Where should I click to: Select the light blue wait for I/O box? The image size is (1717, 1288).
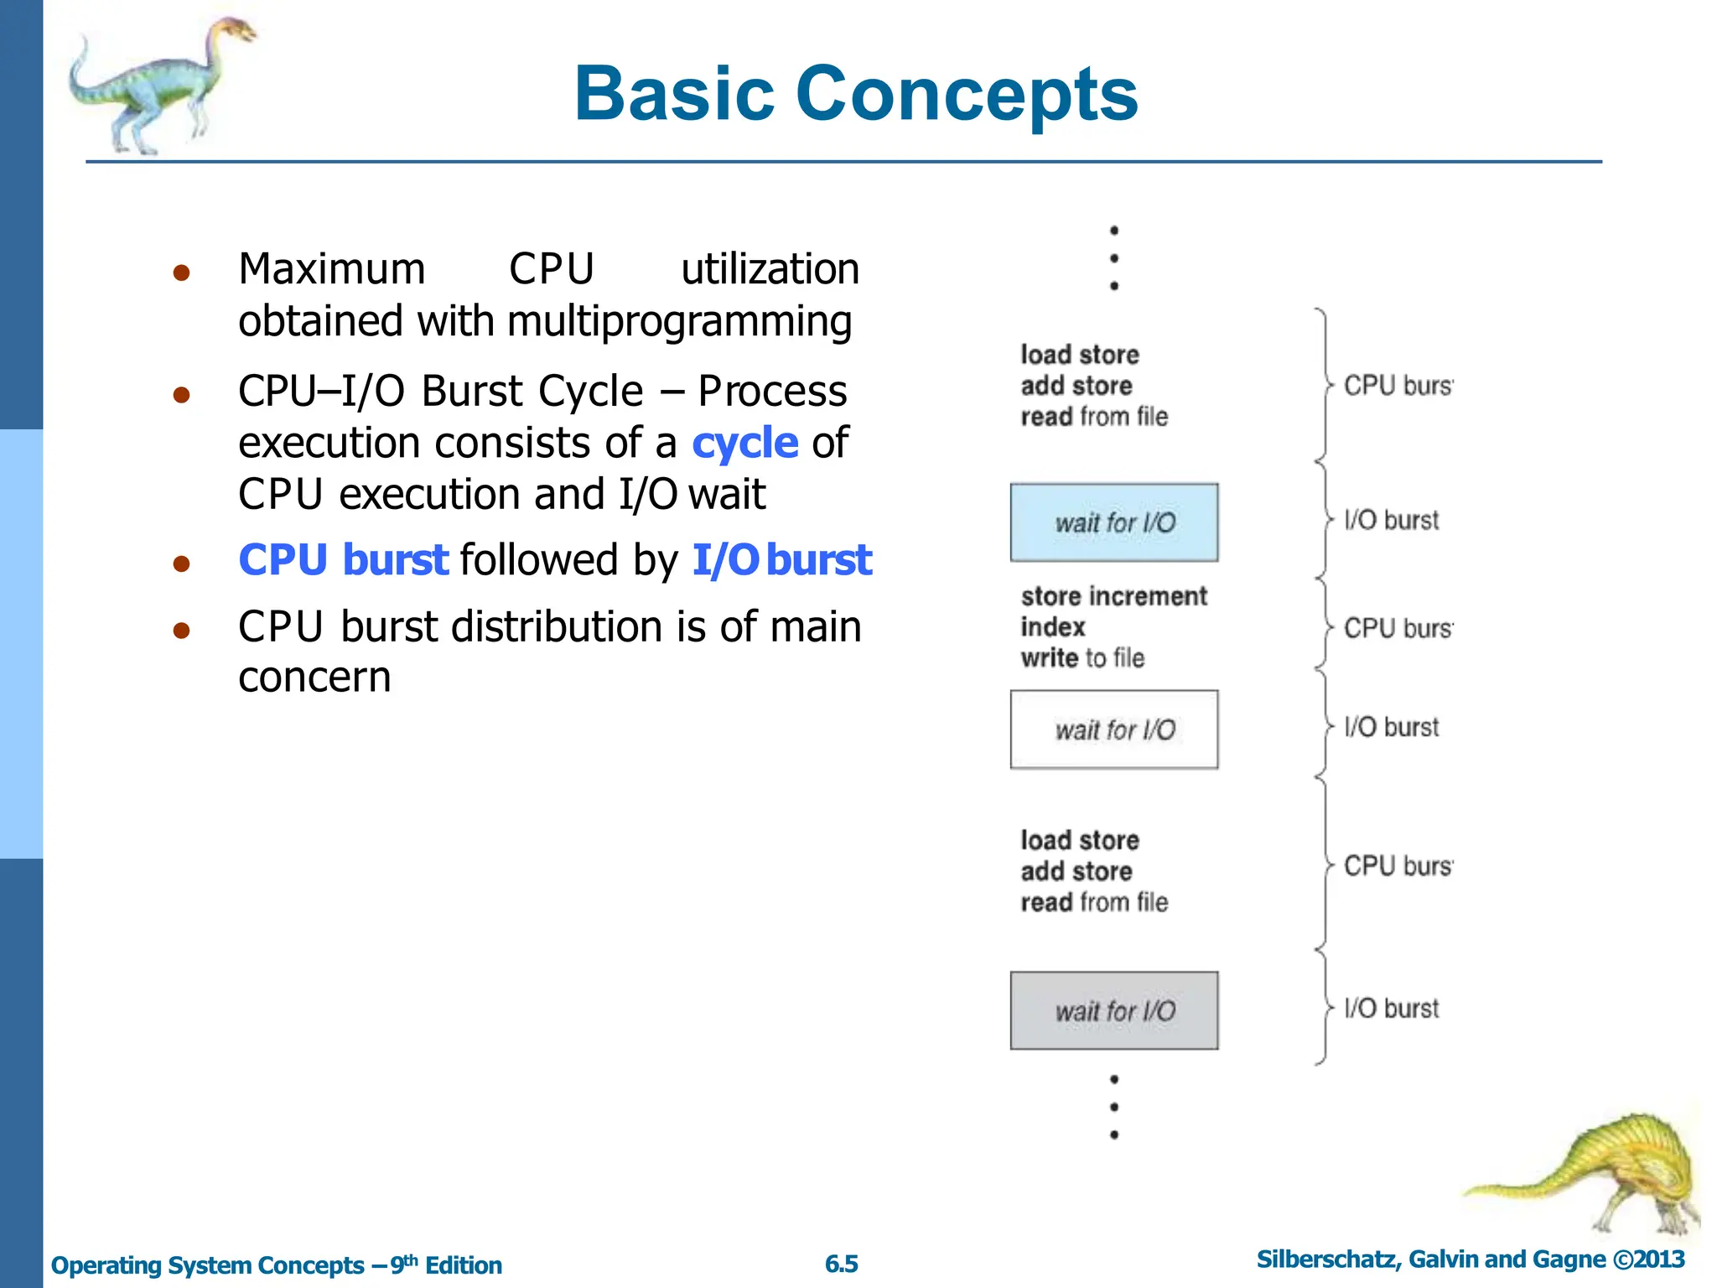point(1113,522)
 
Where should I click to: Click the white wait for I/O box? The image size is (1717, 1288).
point(1113,730)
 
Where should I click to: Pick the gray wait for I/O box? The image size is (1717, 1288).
point(1113,1010)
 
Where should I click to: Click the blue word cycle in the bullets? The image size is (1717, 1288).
point(744,443)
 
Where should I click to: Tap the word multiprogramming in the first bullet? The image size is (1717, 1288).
point(679,322)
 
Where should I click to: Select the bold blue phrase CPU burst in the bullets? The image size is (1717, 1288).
point(343,560)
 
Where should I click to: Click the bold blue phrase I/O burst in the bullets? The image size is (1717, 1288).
point(781,560)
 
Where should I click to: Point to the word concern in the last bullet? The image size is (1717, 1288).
point(314,678)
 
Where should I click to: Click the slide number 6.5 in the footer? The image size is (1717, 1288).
point(841,1264)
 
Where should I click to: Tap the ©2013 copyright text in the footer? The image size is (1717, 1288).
point(1647,1259)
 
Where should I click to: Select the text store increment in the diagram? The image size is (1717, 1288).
point(1113,596)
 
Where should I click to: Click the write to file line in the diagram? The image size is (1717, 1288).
point(1082,658)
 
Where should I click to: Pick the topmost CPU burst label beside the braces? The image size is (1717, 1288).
point(1397,386)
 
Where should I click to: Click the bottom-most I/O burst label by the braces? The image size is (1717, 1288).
point(1391,1008)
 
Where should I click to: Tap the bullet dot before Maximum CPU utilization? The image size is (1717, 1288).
point(181,273)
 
